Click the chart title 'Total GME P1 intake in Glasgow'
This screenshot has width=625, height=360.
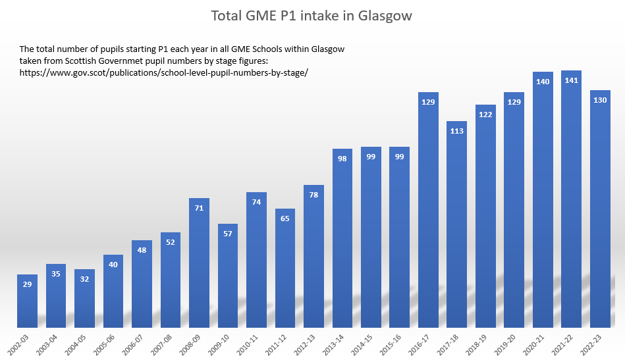tap(312, 16)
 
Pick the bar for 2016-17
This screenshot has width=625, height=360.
tap(428, 210)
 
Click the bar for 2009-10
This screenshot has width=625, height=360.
tap(227, 276)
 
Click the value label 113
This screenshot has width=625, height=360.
tap(456, 131)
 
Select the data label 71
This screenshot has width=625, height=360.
tap(199, 208)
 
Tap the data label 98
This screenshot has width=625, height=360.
tap(342, 159)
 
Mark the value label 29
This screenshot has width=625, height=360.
tap(27, 284)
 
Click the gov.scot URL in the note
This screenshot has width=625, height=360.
tap(164, 72)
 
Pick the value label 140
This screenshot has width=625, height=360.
tap(543, 82)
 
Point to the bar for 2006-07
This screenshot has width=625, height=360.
tap(142, 284)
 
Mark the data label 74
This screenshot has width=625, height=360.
tap(256, 202)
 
